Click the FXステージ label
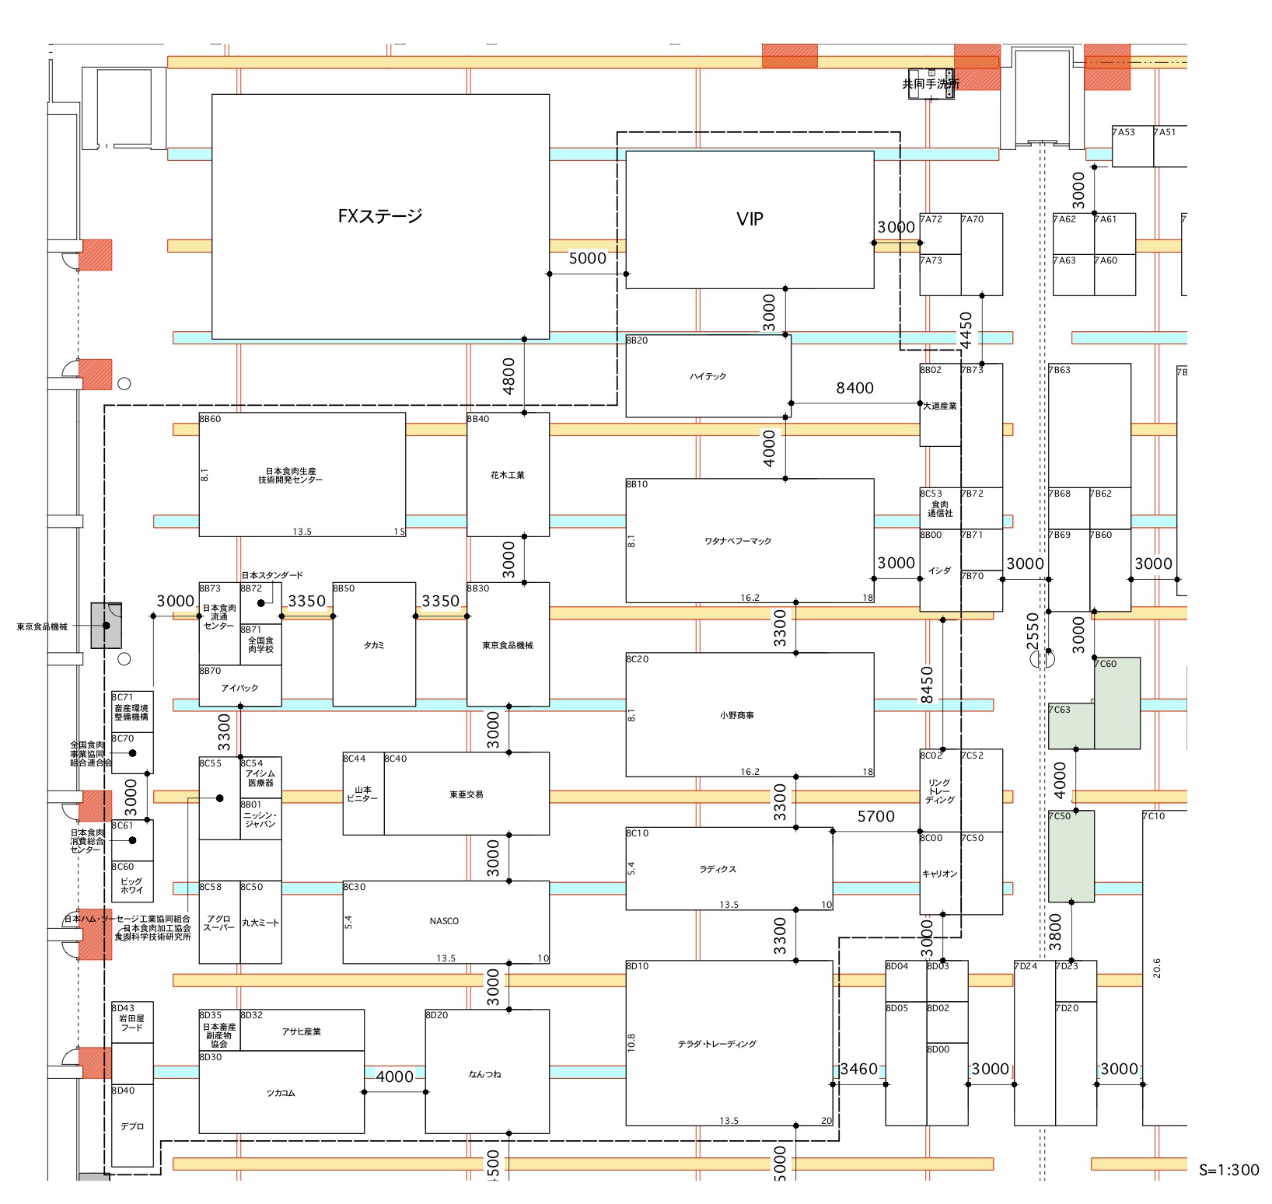380,216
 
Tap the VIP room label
750,219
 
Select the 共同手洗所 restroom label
930,84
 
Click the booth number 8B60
210,419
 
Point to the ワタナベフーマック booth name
738,541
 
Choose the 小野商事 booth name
736,715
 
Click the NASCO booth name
444,921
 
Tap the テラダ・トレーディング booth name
717,1044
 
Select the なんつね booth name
484,1074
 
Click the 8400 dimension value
854,388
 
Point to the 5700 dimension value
875,816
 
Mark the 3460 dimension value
858,1069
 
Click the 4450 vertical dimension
966,330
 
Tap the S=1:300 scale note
1228,1170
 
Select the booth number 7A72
931,219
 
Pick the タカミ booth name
374,645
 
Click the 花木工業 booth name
508,475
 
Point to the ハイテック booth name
708,376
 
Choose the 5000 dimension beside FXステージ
587,258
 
